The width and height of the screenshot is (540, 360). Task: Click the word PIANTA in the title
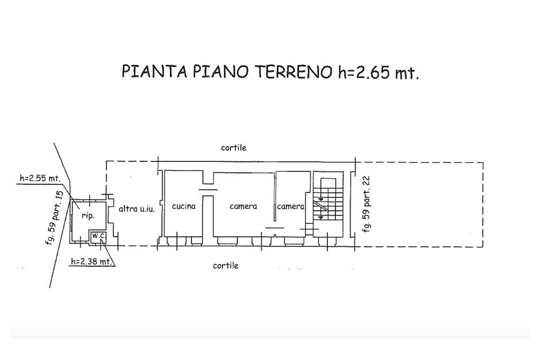coord(155,71)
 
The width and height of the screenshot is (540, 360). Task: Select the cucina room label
coord(184,206)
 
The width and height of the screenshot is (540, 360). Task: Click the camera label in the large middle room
coord(243,206)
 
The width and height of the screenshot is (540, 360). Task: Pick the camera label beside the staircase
coord(291,206)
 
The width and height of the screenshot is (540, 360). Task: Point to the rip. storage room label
coord(88,216)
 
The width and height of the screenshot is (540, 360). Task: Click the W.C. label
coord(99,236)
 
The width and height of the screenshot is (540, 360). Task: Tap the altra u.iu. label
coord(137,209)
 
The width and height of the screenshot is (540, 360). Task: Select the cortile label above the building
coord(234,148)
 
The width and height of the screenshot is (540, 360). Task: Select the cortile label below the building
coord(226,265)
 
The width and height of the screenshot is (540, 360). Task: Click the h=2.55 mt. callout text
coord(40,178)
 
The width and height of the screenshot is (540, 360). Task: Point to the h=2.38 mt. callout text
coord(92,261)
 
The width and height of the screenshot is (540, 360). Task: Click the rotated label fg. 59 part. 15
coord(55,218)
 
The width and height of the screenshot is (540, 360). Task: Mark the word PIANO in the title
coord(220,72)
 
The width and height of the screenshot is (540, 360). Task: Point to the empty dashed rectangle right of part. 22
coord(483,205)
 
